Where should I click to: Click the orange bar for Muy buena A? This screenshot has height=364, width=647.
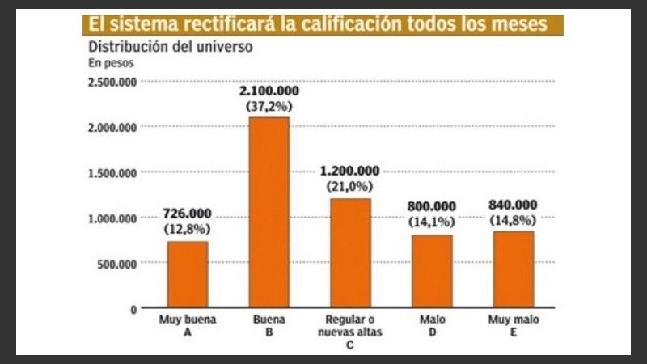point(188,274)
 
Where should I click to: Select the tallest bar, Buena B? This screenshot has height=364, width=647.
point(269,212)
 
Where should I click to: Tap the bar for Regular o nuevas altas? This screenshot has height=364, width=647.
point(350,252)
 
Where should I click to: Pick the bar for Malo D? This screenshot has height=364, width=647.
point(432,271)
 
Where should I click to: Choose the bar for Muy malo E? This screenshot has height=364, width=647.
point(514,269)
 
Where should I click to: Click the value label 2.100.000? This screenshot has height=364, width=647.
point(269,93)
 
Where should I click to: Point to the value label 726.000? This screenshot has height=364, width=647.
point(187,214)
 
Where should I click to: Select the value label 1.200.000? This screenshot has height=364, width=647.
point(349,171)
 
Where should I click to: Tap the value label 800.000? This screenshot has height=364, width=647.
point(432,205)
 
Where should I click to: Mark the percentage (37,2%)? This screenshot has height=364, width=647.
point(269,107)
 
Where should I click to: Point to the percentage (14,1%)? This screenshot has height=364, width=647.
point(432,220)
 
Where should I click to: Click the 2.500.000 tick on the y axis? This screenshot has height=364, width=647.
point(113,82)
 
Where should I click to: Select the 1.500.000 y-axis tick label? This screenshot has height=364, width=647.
point(113,172)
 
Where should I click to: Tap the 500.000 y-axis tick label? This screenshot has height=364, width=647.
point(117,263)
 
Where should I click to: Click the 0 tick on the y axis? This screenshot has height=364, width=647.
point(133,309)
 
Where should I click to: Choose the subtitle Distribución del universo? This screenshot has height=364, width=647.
point(170,46)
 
